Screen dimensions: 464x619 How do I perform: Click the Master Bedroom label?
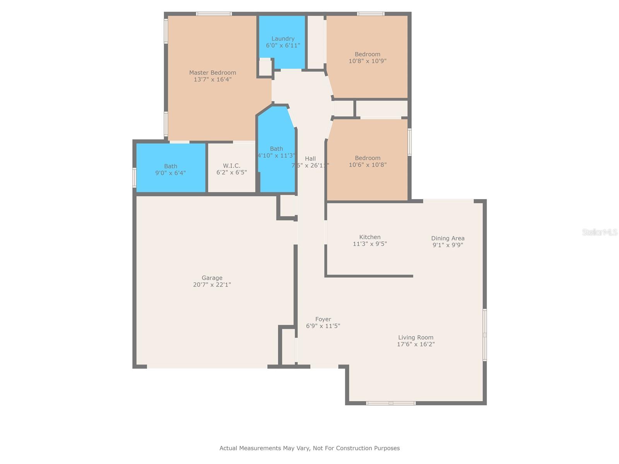tap(212, 73)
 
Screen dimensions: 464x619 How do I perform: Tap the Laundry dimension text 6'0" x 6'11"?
tap(283, 45)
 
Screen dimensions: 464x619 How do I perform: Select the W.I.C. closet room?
tap(232, 169)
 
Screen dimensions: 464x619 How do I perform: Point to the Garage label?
tap(212, 278)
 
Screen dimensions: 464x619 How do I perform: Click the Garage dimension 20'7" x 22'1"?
tap(212, 285)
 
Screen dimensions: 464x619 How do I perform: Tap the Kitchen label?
tap(370, 237)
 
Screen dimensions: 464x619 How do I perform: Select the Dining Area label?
tap(448, 238)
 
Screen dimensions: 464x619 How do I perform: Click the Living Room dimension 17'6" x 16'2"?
tap(416, 344)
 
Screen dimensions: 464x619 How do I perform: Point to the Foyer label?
tap(323, 319)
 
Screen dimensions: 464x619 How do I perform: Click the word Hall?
tap(310, 159)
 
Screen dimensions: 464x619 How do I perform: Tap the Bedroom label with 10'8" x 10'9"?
tap(368, 54)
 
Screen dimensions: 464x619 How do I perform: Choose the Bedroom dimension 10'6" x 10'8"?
tap(368, 165)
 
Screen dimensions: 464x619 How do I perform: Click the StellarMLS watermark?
tap(599, 232)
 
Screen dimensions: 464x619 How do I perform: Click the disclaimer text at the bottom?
tap(309, 448)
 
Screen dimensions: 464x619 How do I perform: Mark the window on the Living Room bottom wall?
tap(391, 403)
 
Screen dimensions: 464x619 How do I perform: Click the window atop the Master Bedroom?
tap(214, 14)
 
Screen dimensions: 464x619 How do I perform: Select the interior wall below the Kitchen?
tap(369, 276)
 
